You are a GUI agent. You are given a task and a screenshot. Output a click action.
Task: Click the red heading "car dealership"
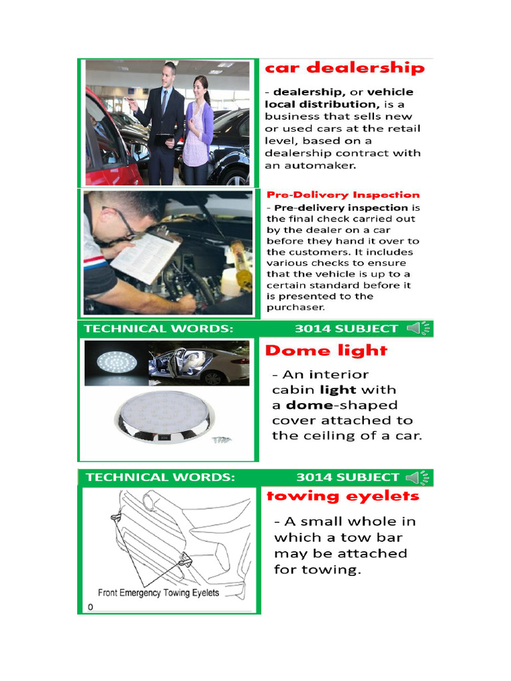(x=345, y=68)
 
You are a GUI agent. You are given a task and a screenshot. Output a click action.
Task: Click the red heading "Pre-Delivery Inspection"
(x=343, y=195)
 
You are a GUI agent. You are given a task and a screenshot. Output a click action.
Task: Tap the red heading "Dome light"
(x=326, y=350)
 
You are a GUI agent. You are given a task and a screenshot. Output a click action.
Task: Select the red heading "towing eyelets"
(x=343, y=496)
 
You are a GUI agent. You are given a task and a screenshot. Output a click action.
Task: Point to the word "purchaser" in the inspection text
(x=296, y=307)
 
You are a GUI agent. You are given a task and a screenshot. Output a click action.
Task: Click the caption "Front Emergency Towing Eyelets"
(x=158, y=593)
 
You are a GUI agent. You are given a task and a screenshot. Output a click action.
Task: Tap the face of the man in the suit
(x=167, y=75)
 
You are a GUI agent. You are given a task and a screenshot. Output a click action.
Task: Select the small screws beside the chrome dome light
(x=221, y=440)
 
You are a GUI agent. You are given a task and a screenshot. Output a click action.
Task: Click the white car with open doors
(x=200, y=364)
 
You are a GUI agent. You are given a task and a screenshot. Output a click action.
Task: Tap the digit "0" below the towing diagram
(x=90, y=607)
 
